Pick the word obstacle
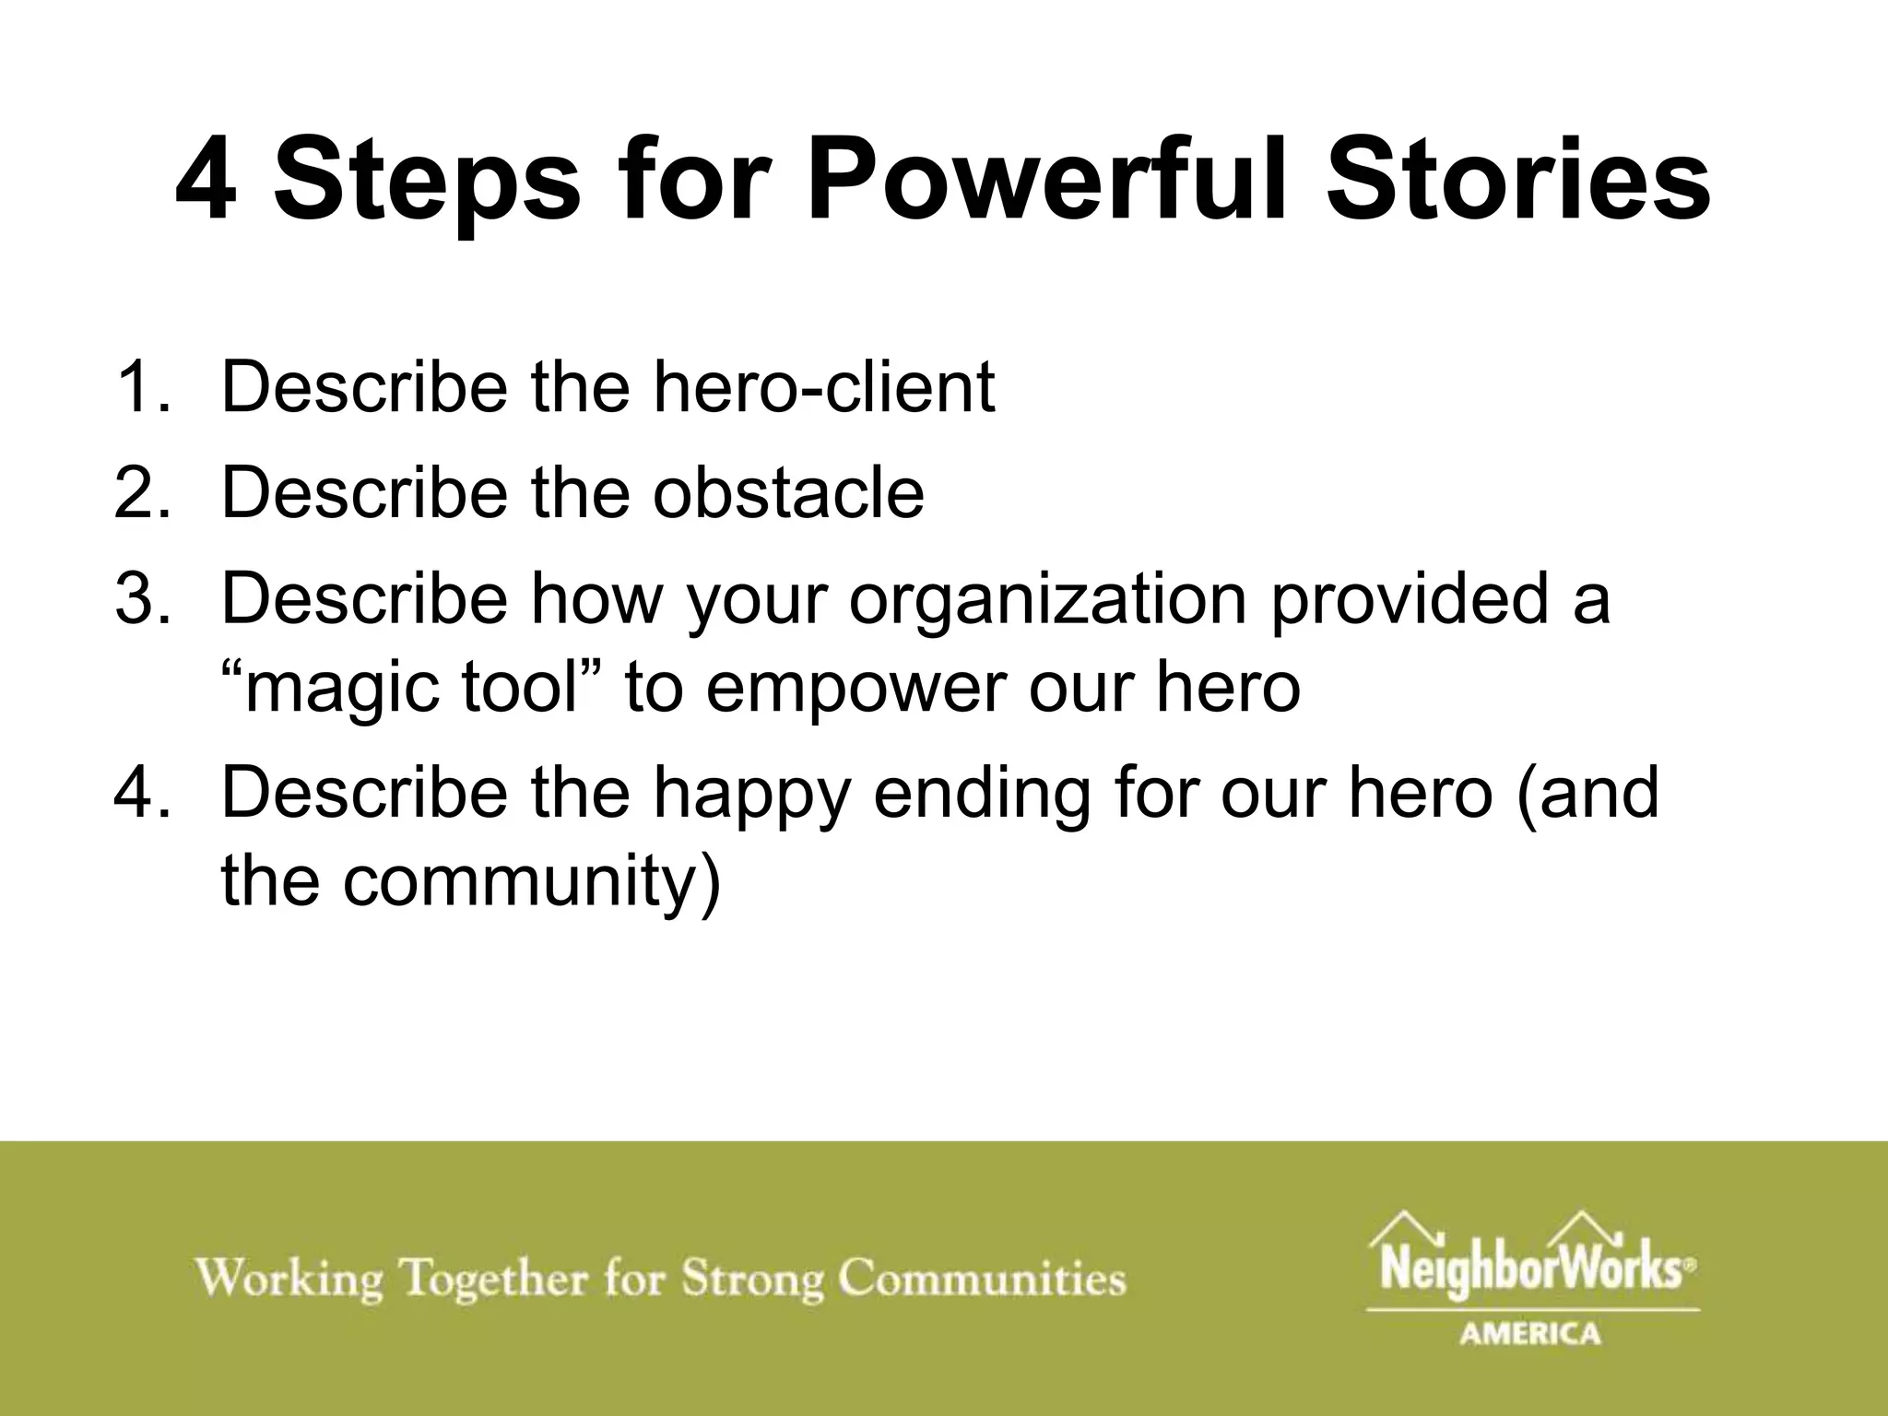pos(788,492)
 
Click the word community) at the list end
pos(530,883)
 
